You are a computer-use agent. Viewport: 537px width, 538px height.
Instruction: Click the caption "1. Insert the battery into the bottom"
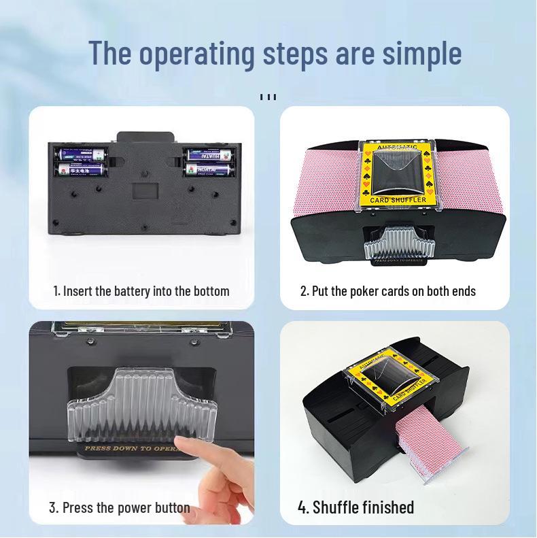pos(141,291)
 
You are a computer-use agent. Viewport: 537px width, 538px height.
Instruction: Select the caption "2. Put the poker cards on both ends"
pos(388,291)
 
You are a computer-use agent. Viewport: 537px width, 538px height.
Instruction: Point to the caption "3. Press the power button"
pos(120,508)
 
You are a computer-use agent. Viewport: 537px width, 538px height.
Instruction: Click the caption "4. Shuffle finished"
pos(356,507)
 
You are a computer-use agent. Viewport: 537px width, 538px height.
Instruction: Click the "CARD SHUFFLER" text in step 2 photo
pos(400,200)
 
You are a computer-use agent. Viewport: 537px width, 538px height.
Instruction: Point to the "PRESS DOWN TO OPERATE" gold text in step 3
pos(129,449)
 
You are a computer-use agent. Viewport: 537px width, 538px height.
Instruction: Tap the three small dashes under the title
pos(268,97)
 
